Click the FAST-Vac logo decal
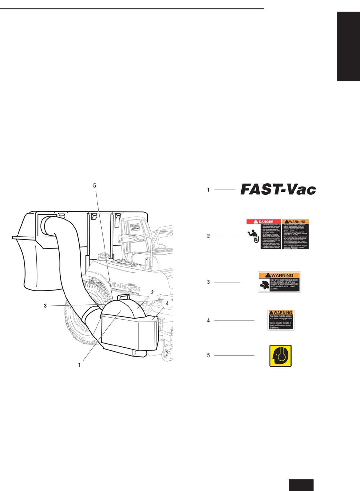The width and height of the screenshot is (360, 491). [x=278, y=189]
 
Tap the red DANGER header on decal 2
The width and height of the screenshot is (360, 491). [x=264, y=222]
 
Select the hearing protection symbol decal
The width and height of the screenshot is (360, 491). [x=280, y=356]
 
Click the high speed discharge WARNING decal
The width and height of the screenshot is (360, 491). [x=279, y=282]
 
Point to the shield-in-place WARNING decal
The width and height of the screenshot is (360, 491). [x=281, y=320]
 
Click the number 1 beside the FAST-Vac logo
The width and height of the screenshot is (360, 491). [x=208, y=190]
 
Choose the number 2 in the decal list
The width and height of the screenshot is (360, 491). [x=208, y=236]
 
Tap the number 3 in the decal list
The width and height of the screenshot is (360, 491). [x=208, y=282]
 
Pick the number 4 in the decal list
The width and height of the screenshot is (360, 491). [x=208, y=321]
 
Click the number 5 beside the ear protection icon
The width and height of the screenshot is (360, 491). [x=208, y=355]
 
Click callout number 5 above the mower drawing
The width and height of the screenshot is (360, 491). [x=95, y=186]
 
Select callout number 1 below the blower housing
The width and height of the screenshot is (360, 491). [x=79, y=365]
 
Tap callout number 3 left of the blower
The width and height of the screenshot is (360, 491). [x=45, y=306]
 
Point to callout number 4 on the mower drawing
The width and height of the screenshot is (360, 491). [x=167, y=303]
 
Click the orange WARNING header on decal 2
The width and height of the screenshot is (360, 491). [x=295, y=222]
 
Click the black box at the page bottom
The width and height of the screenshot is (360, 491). [x=301, y=485]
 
